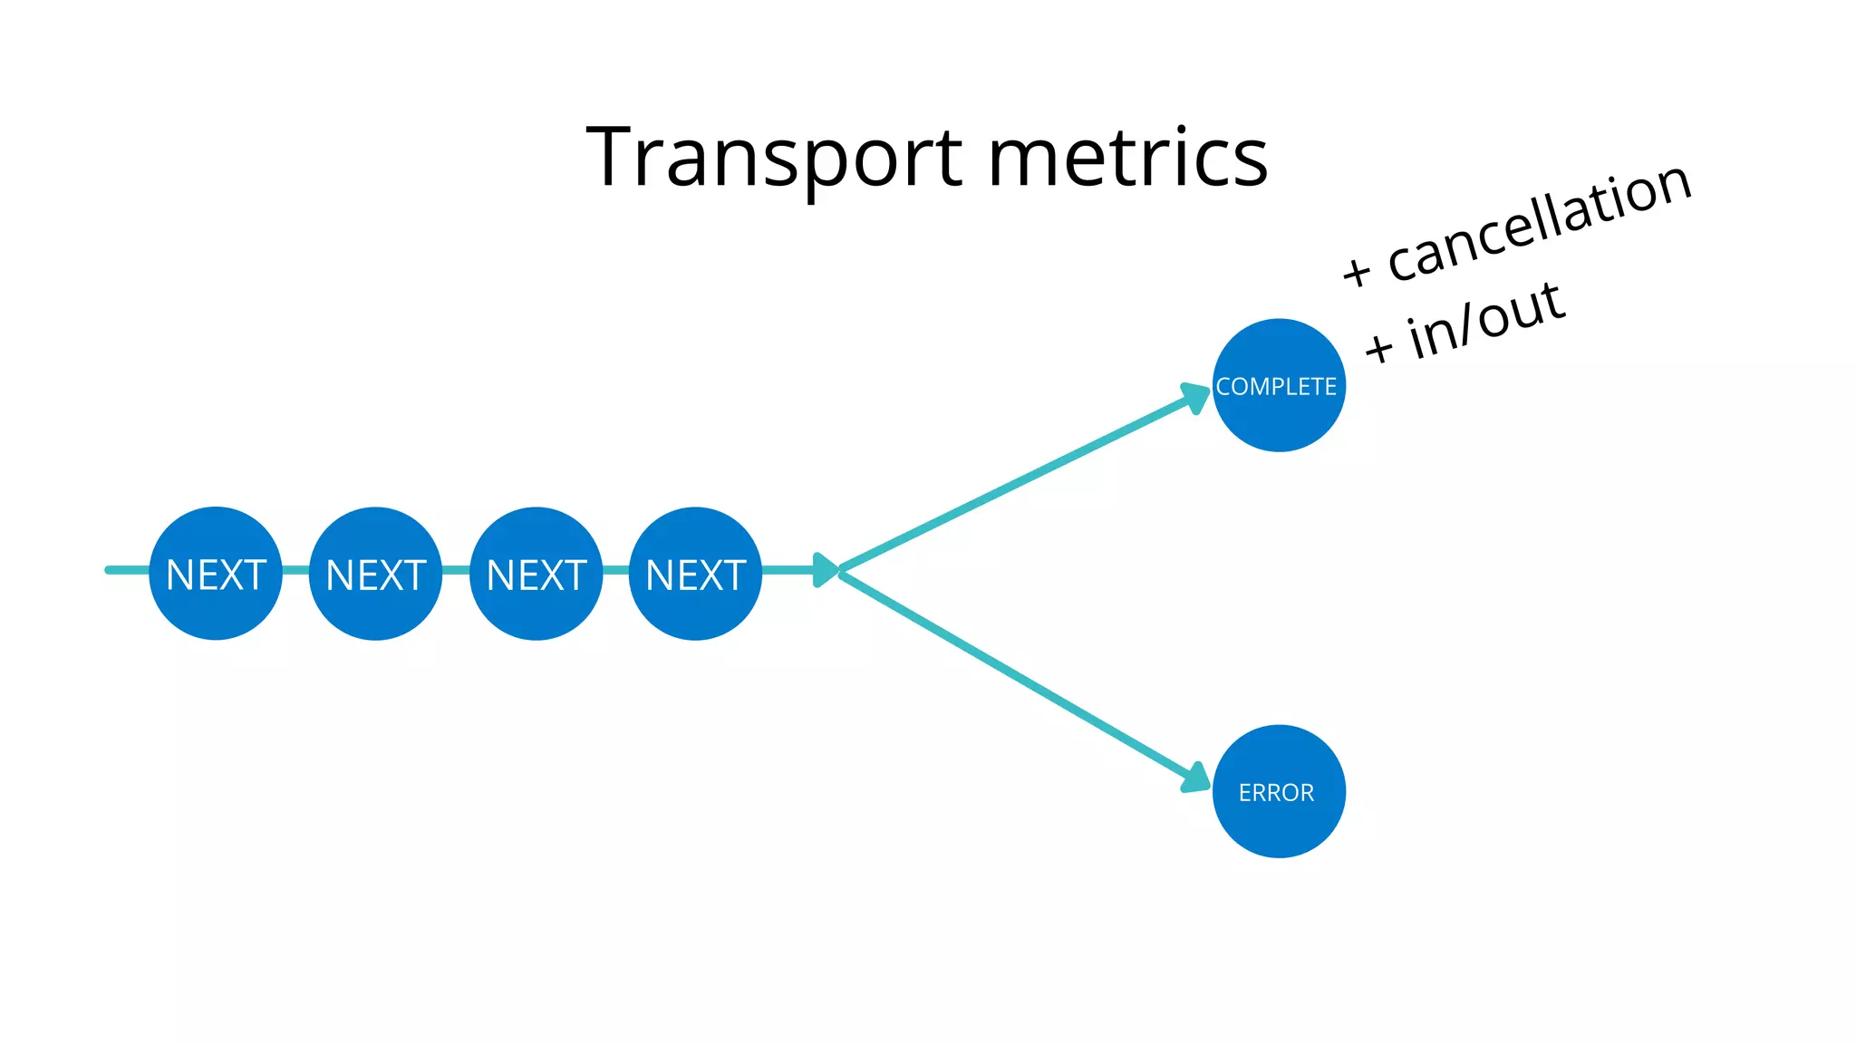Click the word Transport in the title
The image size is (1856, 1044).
[x=774, y=159]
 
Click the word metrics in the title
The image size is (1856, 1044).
[x=1127, y=159]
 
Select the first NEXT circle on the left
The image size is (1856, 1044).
[x=216, y=574]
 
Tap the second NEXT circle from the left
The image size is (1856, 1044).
[x=375, y=574]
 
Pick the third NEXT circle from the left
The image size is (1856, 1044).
[x=536, y=574]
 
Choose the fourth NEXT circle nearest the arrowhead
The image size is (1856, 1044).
[x=695, y=574]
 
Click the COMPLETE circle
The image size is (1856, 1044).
[x=1278, y=385]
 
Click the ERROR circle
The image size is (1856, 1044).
[x=1278, y=791]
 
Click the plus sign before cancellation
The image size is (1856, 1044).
[x=1357, y=270]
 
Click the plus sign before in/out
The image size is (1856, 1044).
[x=1379, y=347]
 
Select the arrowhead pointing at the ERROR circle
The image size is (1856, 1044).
[x=1196, y=778]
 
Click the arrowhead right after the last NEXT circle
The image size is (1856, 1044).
[x=825, y=570]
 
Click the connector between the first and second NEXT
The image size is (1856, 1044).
[x=295, y=570]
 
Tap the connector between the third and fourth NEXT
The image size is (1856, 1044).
[x=615, y=570]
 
